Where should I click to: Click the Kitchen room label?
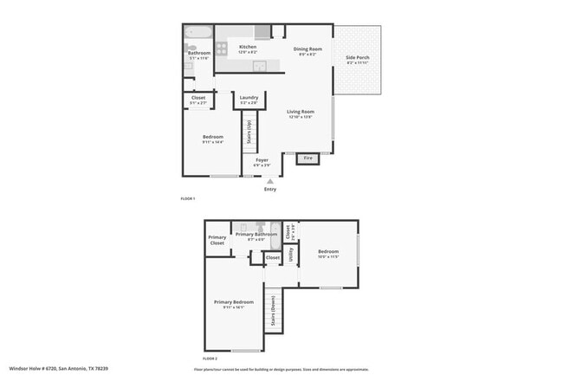[248, 47]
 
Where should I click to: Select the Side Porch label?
[357, 58]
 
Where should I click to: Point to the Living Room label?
[301, 112]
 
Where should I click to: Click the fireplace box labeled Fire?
[307, 158]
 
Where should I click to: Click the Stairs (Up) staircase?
[249, 132]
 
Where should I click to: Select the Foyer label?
[262, 160]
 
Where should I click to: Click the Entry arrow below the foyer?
[270, 181]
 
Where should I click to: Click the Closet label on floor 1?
[198, 98]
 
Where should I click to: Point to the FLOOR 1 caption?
[187, 199]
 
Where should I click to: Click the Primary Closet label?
[217, 241]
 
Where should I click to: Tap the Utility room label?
[291, 255]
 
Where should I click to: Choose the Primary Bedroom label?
[233, 302]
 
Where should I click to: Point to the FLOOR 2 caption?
[210, 358]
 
